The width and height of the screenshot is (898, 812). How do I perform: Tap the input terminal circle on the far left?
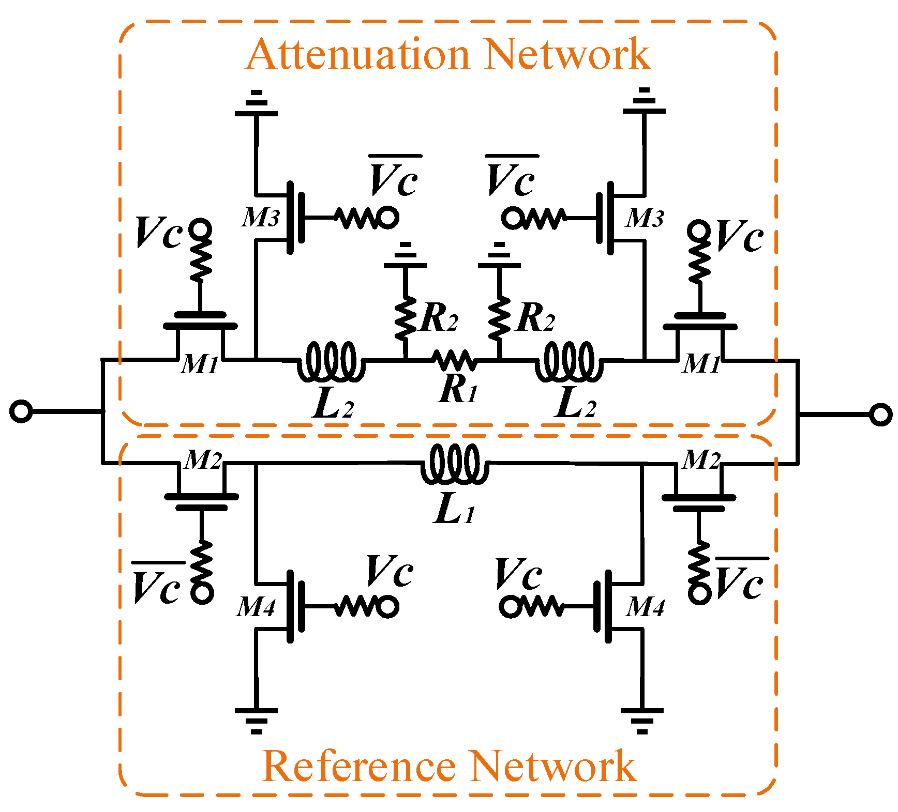[x=21, y=412]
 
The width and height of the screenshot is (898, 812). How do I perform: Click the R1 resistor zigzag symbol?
[x=453, y=359]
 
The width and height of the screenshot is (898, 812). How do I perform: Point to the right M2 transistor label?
[x=701, y=459]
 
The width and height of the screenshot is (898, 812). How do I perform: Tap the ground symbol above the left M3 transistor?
[x=256, y=104]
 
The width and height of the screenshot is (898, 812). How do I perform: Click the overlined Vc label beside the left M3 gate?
[x=394, y=178]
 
